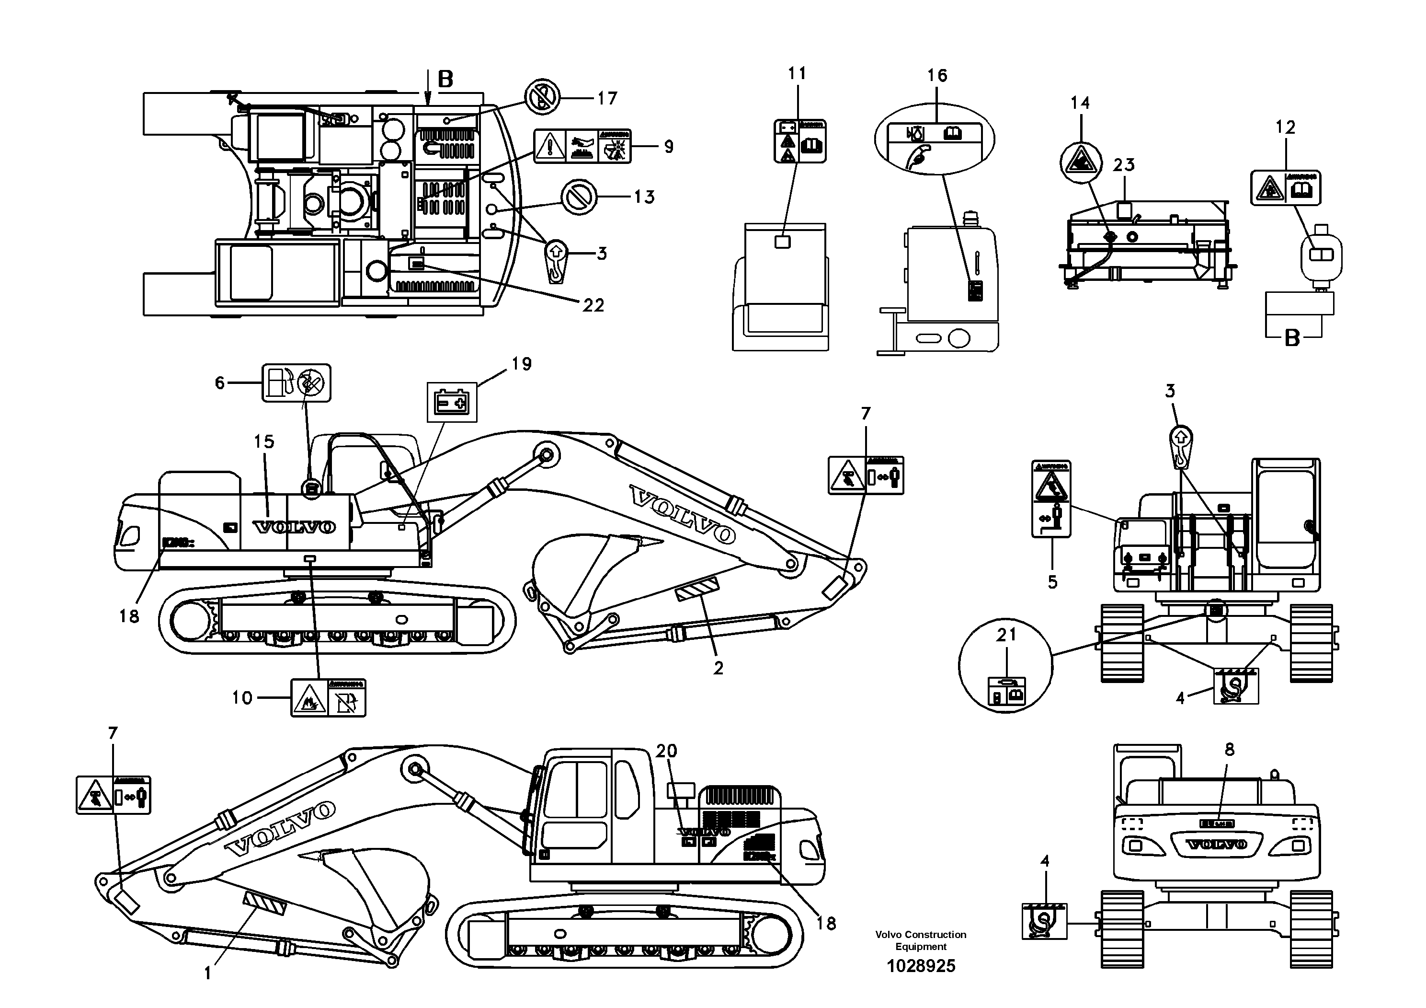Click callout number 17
click(x=607, y=98)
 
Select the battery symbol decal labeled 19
click(x=452, y=403)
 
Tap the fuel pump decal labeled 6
click(x=296, y=383)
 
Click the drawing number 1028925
click(x=921, y=966)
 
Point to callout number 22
click(x=593, y=305)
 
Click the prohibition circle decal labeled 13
click(x=578, y=197)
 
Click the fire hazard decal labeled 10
click(x=328, y=698)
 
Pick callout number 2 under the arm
click(x=718, y=668)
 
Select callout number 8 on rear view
click(x=1230, y=750)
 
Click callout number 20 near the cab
click(x=666, y=752)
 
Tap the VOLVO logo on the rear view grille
click(x=1217, y=845)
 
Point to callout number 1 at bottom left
click(x=207, y=974)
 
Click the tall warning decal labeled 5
click(x=1051, y=499)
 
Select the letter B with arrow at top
click(x=445, y=80)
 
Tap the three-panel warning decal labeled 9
click(x=582, y=147)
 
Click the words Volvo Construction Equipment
click(x=921, y=940)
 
